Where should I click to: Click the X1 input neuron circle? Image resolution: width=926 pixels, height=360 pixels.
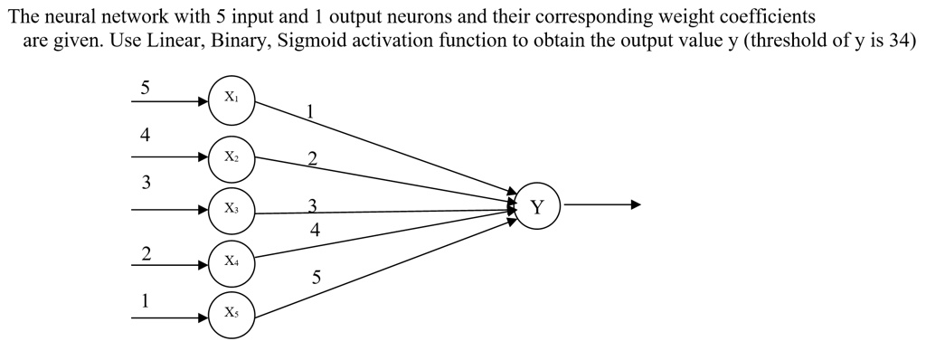(232, 98)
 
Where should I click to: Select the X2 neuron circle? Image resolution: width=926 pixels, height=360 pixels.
(232, 156)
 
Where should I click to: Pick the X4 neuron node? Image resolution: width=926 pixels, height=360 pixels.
(232, 261)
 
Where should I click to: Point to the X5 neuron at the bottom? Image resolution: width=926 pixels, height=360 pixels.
(232, 314)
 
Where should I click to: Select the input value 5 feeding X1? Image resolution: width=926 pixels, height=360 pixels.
(145, 88)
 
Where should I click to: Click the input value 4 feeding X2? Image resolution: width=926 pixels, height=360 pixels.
(145, 135)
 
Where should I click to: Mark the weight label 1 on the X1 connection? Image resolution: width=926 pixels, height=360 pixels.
(310, 112)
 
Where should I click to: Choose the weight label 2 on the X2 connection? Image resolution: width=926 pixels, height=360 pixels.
(312, 160)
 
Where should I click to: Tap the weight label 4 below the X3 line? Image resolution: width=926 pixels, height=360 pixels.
(314, 230)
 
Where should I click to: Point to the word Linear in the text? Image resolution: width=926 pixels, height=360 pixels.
(175, 43)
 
